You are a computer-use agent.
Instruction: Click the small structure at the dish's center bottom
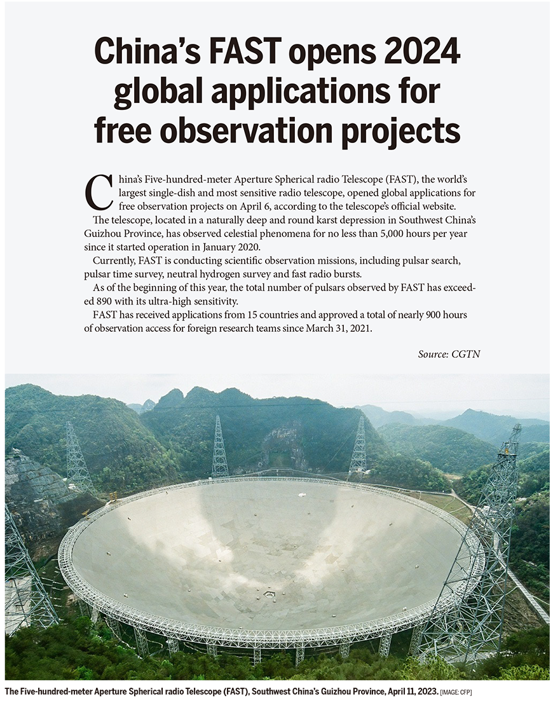[x=270, y=593]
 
